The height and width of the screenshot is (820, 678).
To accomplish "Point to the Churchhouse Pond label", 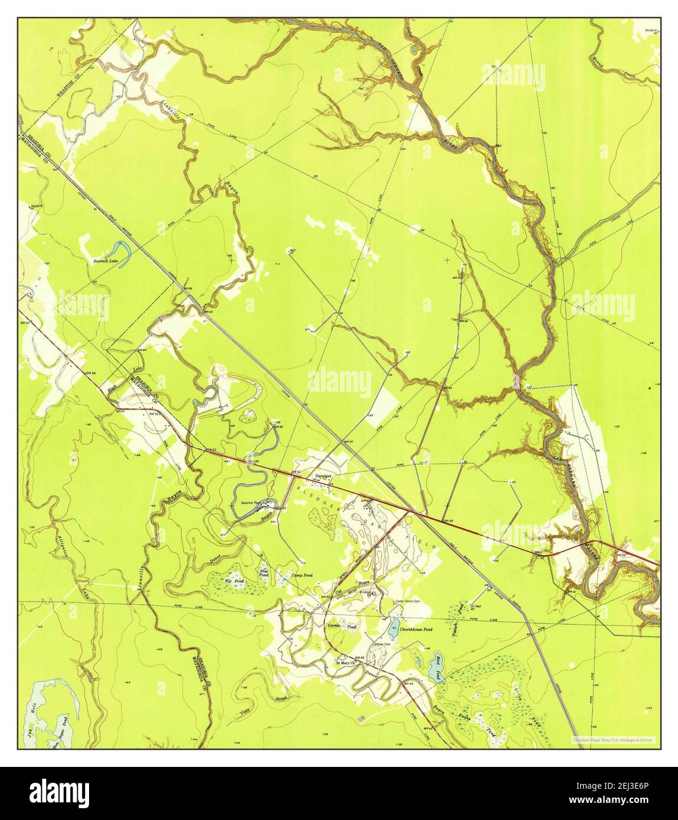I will tap(416, 629).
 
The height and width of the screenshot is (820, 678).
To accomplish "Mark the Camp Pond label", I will tap(302, 575).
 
